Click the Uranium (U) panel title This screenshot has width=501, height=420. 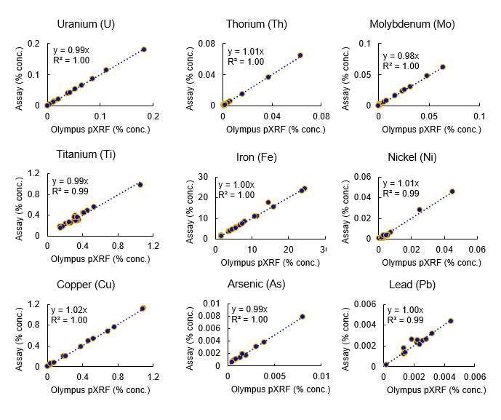point(85,24)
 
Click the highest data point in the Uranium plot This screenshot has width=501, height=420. point(144,49)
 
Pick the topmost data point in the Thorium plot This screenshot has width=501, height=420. point(300,55)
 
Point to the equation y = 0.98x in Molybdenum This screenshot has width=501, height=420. point(401,56)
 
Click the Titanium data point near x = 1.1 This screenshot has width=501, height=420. point(140,185)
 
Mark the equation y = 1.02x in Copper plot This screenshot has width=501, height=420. point(71,309)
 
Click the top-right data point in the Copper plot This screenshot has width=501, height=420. point(143,309)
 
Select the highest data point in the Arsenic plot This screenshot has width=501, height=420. point(302,317)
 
